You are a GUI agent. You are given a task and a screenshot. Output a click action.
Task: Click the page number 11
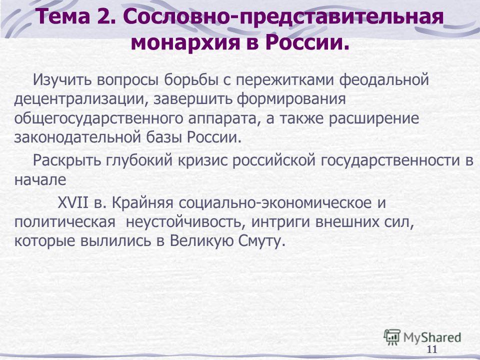tap(431, 349)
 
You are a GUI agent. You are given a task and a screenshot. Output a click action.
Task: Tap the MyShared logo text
tap(432, 337)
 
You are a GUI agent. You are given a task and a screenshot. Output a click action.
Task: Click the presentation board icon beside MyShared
tap(392, 336)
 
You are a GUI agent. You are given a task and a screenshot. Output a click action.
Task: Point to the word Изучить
tap(63, 80)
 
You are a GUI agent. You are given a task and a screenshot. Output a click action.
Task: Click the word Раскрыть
tap(66, 160)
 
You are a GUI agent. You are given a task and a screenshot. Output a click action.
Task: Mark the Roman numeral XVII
tap(73, 202)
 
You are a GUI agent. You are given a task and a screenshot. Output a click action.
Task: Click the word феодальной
tap(384, 80)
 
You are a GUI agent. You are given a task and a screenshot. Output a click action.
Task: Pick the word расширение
tap(374, 119)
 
